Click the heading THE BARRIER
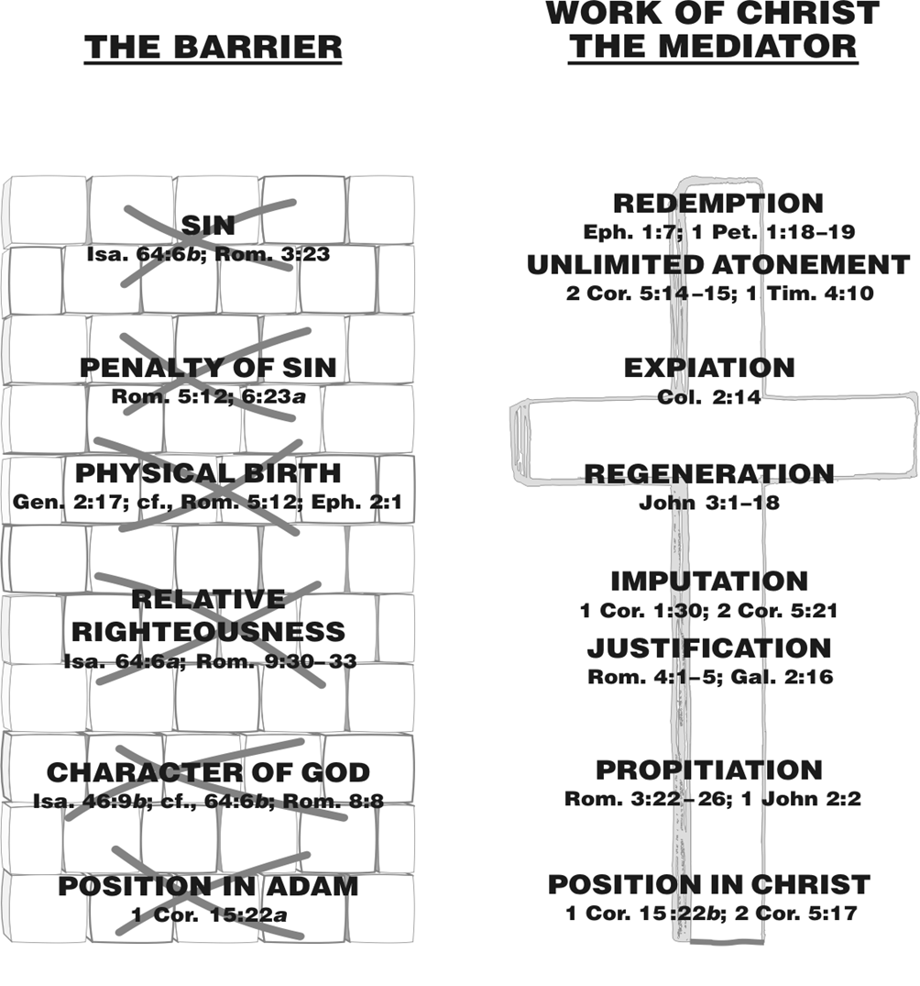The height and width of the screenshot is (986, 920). point(213,48)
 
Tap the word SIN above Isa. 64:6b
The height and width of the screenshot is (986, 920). point(208,225)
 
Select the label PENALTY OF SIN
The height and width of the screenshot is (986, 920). point(208,368)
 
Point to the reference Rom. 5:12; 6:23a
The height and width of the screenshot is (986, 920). point(209,397)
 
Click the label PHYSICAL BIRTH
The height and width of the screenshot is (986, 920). point(208,473)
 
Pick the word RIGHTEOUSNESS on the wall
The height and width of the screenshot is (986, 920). point(208,631)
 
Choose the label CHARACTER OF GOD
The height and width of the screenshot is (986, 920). point(208,773)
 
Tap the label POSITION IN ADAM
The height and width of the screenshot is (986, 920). point(208,887)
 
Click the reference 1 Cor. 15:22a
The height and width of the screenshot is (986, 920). point(209,915)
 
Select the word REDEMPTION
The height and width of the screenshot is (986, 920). point(718,204)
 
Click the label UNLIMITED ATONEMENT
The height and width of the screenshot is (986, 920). point(718,265)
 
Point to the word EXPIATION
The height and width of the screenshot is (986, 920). point(709,368)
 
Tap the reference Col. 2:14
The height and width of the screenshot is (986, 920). point(709,397)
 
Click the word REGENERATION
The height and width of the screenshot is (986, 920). point(709,474)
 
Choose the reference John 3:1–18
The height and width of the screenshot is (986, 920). point(709,503)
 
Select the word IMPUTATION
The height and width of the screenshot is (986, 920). point(709,582)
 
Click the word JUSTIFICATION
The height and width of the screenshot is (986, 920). point(709,648)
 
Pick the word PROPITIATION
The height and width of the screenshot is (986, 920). point(709,770)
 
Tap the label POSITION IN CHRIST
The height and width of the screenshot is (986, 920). point(709,885)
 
